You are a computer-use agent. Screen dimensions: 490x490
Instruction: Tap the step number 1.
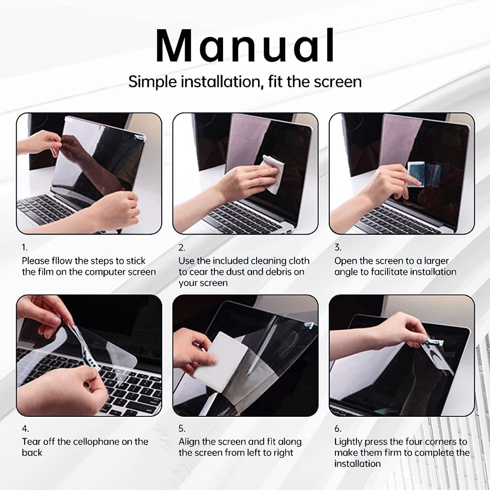tap(24, 247)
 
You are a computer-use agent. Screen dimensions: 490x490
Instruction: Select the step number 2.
tap(181, 247)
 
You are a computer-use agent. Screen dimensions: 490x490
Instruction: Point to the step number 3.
tap(338, 247)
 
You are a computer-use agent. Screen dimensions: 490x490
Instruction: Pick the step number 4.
tap(25, 428)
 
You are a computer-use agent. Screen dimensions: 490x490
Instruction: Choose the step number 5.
tap(182, 428)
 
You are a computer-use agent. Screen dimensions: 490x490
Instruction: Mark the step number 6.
tap(338, 428)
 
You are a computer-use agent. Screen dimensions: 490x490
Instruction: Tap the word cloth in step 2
tap(299, 261)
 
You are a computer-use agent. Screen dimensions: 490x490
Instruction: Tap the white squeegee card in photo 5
tap(224, 361)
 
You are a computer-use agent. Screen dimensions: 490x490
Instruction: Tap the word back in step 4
tap(32, 453)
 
